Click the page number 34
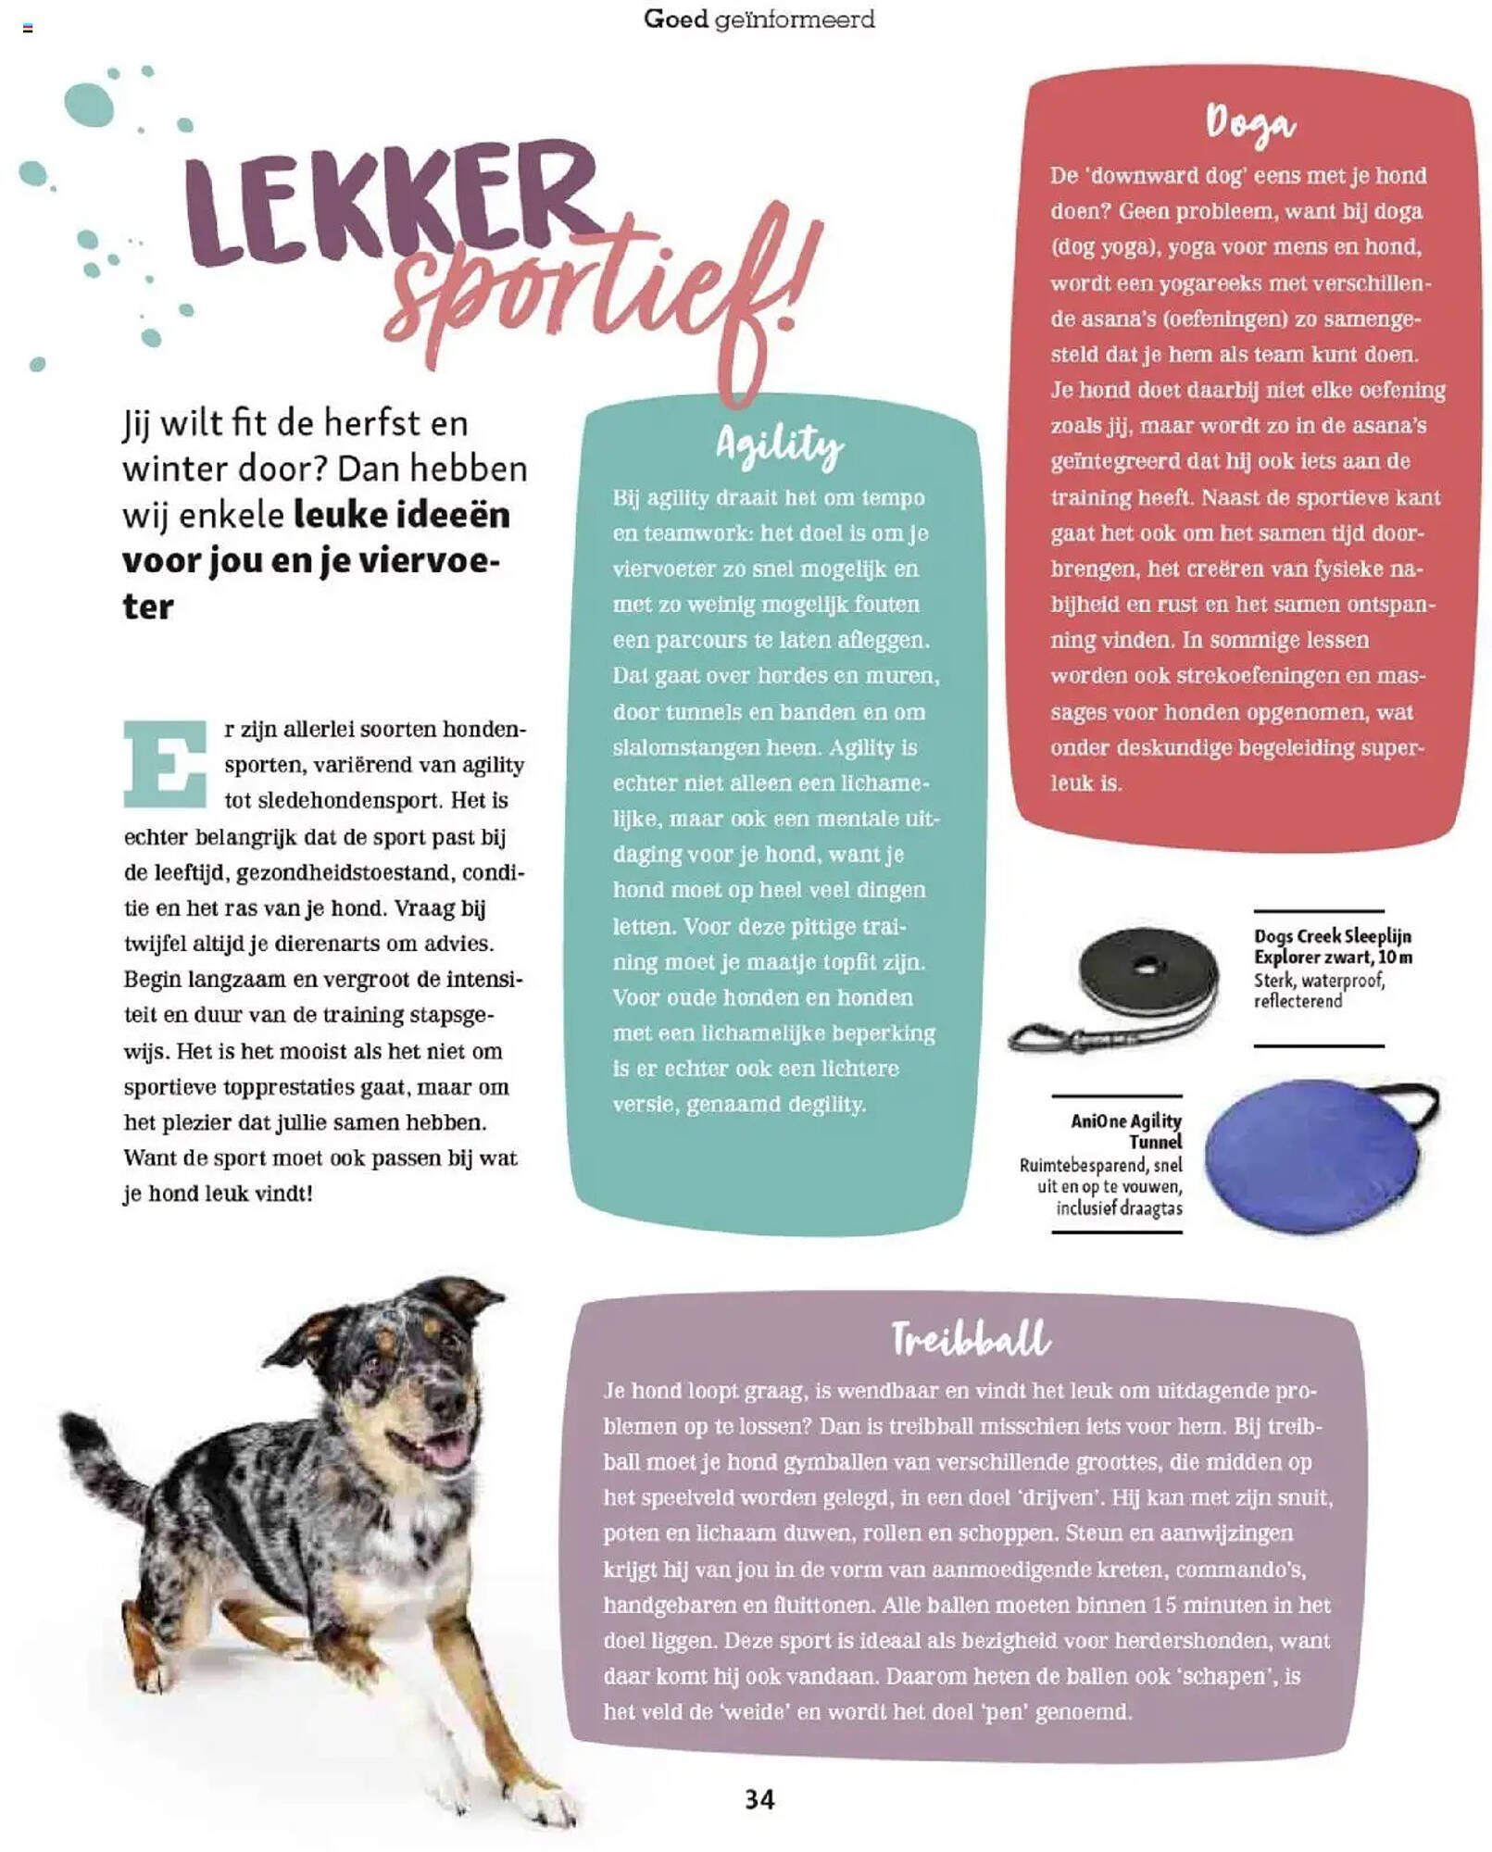(x=759, y=1798)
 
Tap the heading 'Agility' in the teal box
(x=779, y=445)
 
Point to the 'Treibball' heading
(x=970, y=1339)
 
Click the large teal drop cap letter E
(x=165, y=763)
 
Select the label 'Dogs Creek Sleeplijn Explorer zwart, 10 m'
(x=1332, y=945)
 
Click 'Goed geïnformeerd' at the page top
(x=759, y=19)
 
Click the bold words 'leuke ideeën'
(x=402, y=514)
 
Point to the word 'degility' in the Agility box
(x=821, y=1104)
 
